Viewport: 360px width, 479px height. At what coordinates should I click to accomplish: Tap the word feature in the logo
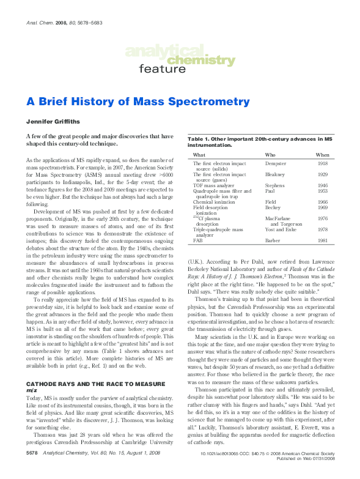(162, 69)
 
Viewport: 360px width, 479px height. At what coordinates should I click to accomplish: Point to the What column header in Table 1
(199, 155)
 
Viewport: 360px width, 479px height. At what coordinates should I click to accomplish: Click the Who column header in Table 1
(270, 155)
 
